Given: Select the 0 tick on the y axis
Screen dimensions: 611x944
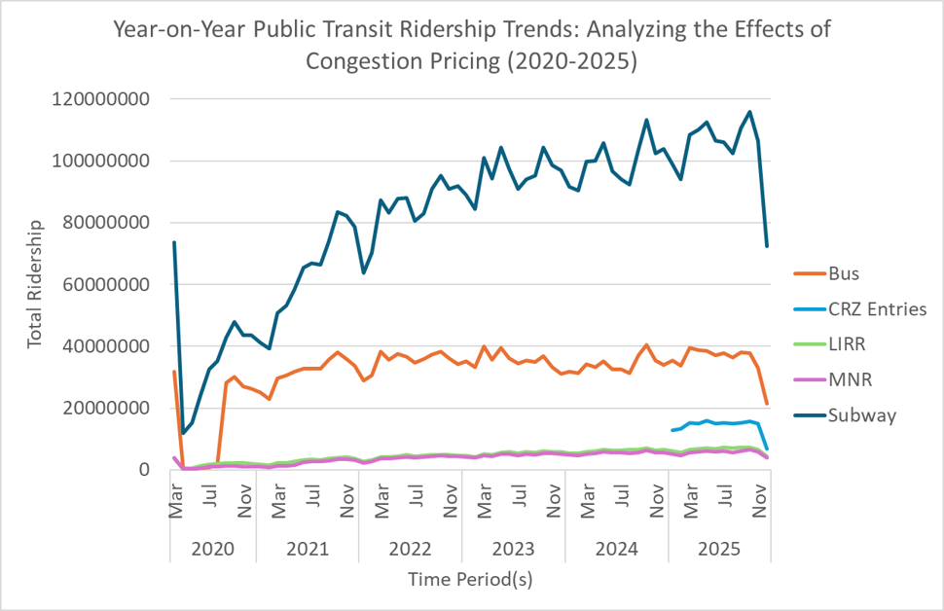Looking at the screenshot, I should point(147,470).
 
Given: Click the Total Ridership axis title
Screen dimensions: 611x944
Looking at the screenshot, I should point(36,284).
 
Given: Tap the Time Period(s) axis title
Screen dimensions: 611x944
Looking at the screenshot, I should point(471,578).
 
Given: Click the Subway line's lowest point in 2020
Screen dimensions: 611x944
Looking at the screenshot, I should point(183,434).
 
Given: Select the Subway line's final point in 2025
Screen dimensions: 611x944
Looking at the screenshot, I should point(767,246).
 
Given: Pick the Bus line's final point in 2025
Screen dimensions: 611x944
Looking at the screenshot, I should point(767,404).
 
